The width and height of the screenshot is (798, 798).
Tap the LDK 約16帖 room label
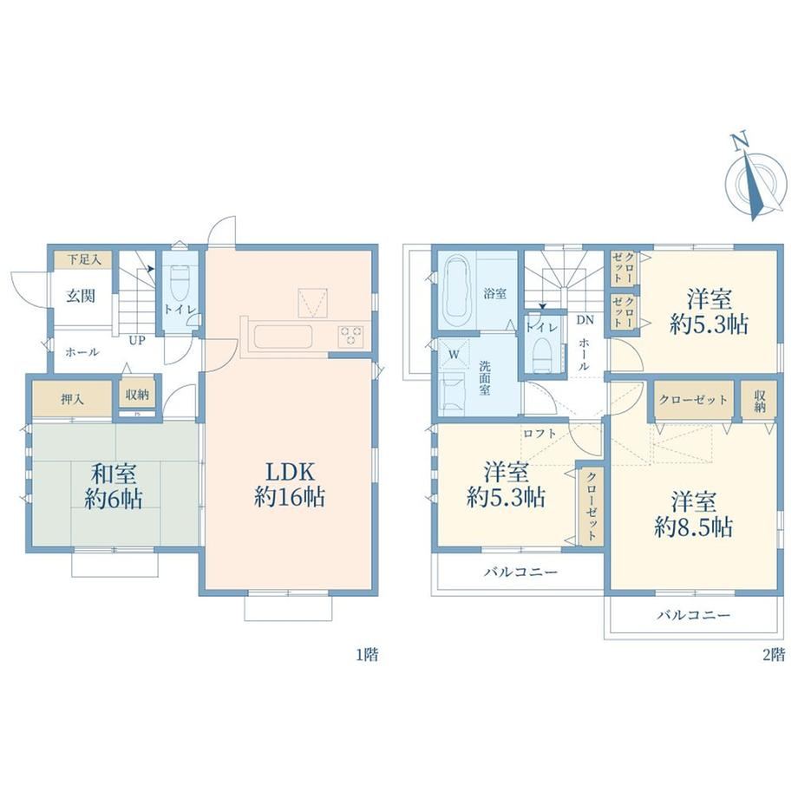290,484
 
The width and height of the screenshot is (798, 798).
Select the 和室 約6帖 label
114,486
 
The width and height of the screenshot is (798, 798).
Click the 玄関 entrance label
81,296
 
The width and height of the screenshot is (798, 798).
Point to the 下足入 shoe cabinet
84,259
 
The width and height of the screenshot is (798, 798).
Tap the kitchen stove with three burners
350,336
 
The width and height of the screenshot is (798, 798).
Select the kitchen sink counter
283,337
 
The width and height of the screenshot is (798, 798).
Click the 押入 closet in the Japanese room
72,399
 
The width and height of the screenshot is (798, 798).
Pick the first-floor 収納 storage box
137,394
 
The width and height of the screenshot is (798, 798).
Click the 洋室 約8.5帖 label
693,514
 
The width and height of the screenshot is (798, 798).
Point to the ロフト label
540,434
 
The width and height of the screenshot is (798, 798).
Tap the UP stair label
136,341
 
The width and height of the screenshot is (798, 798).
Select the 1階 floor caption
367,654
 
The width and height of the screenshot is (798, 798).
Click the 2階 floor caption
774,654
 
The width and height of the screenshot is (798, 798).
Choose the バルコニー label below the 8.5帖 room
693,615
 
